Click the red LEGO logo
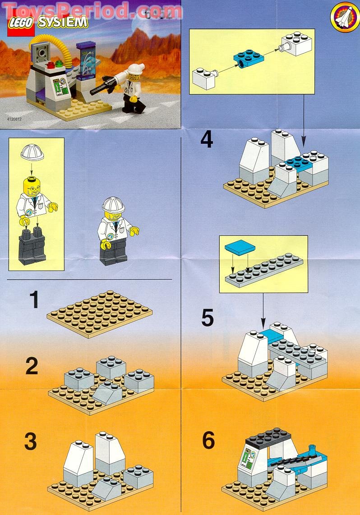pos(20,26)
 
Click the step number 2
pos(32,366)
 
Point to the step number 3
pos(30,441)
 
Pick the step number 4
pos(207,139)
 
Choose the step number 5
pos(207,317)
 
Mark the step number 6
pos(208,441)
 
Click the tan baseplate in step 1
pos(99,313)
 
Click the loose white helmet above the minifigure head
pos(32,153)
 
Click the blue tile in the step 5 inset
pos(239,246)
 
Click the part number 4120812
pos(15,120)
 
